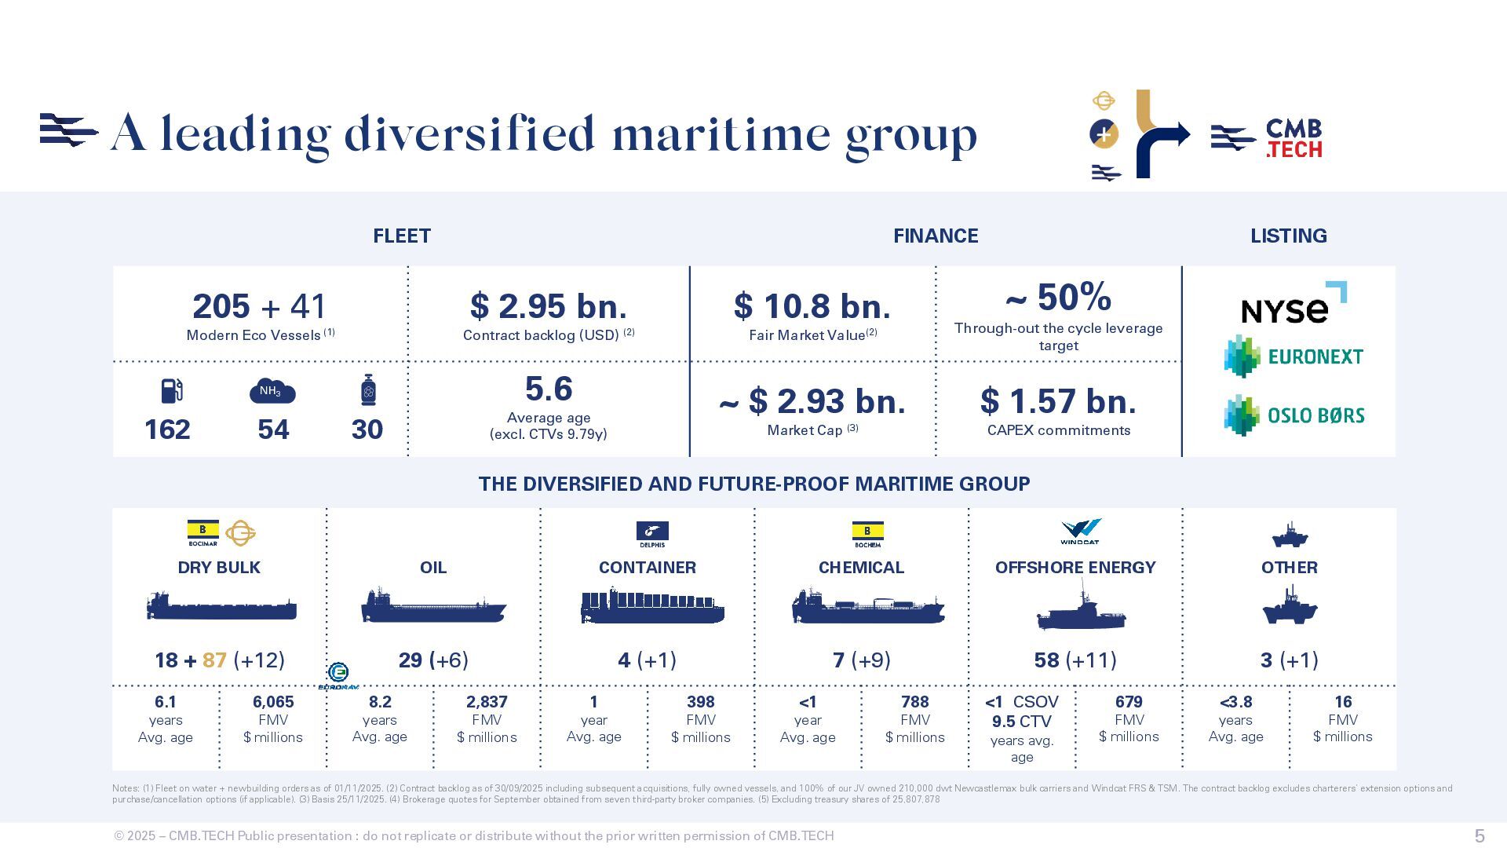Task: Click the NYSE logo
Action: pyautogui.click(x=1293, y=305)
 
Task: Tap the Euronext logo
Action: pyautogui.click(x=1294, y=356)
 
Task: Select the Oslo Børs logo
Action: pyautogui.click(x=1294, y=415)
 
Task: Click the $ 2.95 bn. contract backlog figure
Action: pyautogui.click(x=549, y=306)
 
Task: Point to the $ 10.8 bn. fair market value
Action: pyautogui.click(x=812, y=306)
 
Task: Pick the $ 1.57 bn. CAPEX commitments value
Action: pyautogui.click(x=1058, y=401)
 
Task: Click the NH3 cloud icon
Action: pyautogui.click(x=272, y=391)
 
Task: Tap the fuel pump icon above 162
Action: pyautogui.click(x=172, y=390)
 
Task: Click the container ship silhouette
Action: pyautogui.click(x=651, y=607)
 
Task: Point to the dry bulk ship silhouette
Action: pyautogui.click(x=221, y=606)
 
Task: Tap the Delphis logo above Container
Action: pyautogui.click(x=652, y=534)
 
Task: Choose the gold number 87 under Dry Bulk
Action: pyautogui.click(x=214, y=660)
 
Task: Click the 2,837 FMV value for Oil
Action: pyautogui.click(x=487, y=702)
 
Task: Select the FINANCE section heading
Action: pyautogui.click(x=936, y=236)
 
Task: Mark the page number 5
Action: pyautogui.click(x=1480, y=835)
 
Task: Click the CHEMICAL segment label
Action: pyautogui.click(x=861, y=568)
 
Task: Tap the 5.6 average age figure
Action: pyautogui.click(x=549, y=389)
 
